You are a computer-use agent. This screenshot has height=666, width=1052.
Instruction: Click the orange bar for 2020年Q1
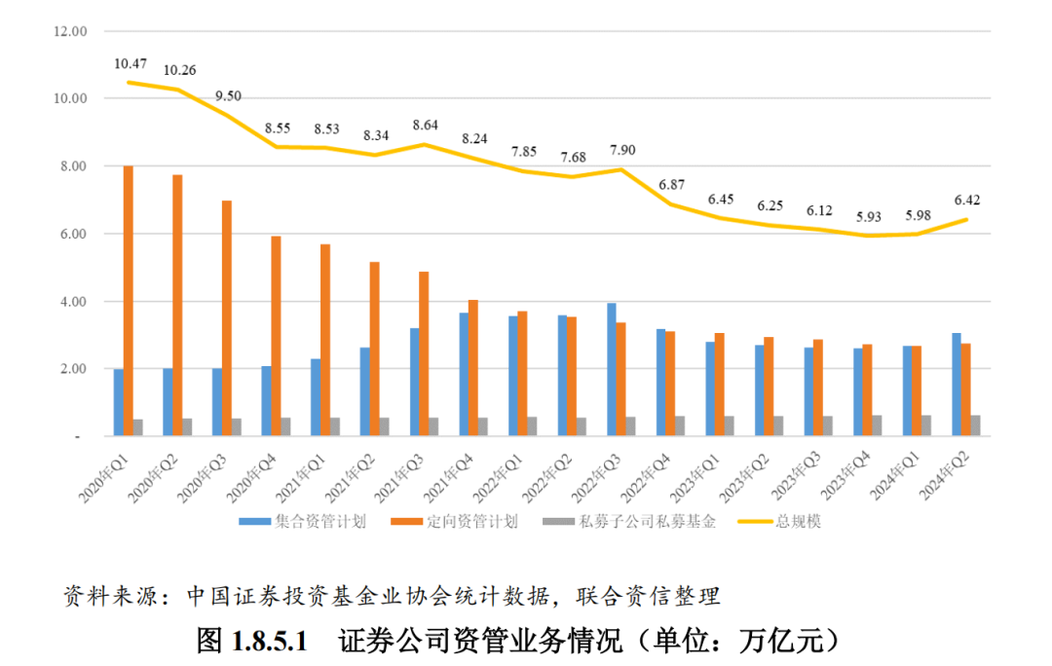point(129,301)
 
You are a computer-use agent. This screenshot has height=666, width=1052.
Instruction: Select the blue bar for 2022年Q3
point(612,370)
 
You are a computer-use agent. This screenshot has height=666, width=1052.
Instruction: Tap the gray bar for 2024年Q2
point(976,426)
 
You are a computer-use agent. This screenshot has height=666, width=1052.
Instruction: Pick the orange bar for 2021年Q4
point(473,368)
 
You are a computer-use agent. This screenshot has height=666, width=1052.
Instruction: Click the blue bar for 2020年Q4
point(266,401)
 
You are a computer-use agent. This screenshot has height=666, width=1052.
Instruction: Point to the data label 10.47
point(130,64)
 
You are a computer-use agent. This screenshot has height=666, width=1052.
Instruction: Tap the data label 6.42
point(966,200)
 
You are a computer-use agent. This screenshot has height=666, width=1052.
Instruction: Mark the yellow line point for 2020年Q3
point(228,115)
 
